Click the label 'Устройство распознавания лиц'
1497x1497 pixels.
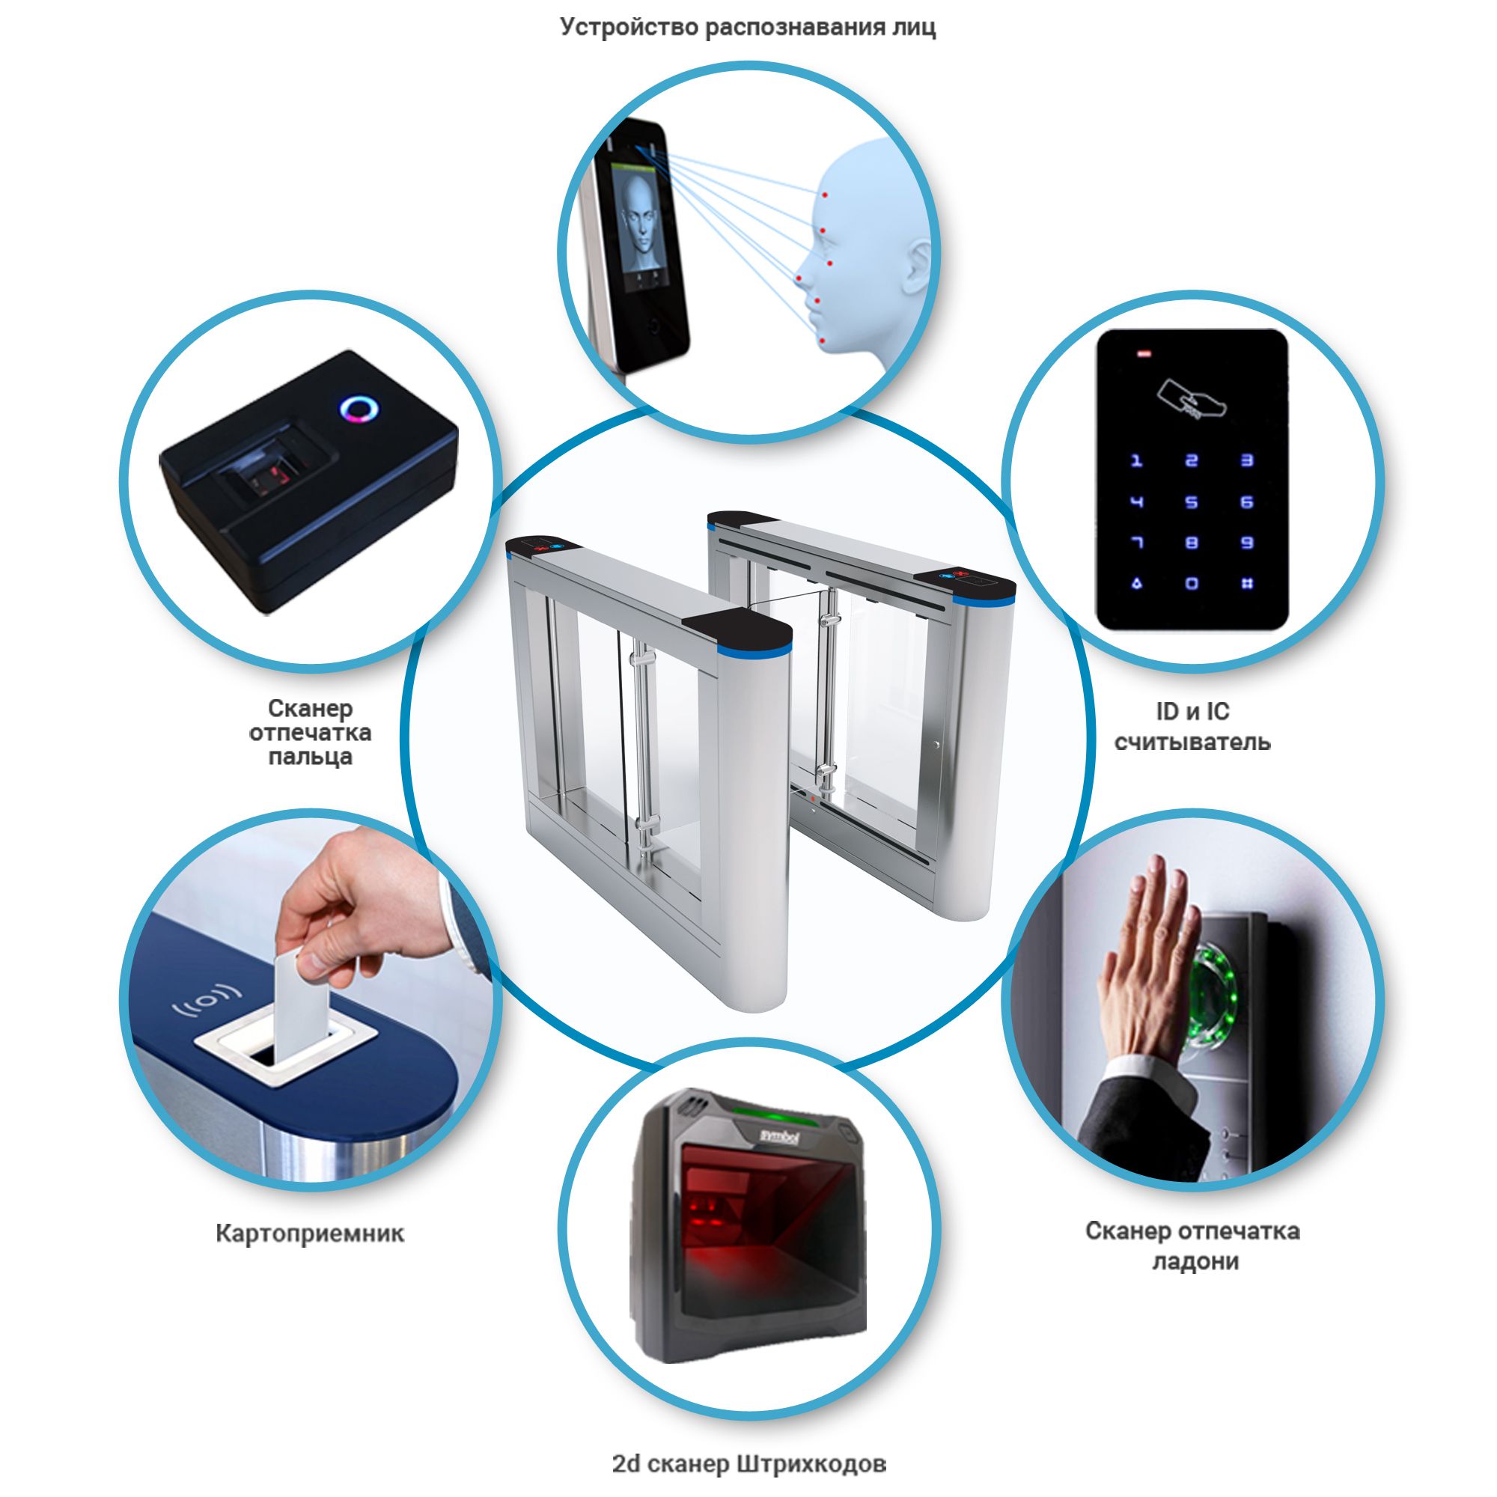pyautogui.click(x=748, y=27)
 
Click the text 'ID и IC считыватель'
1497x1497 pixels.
pyautogui.click(x=1192, y=727)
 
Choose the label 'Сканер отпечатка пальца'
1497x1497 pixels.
pyautogui.click(x=310, y=732)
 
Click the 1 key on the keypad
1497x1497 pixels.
pyautogui.click(x=1136, y=460)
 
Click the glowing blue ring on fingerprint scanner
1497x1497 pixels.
pyautogui.click(x=359, y=408)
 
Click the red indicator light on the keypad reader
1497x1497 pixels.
pyautogui.click(x=1144, y=356)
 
